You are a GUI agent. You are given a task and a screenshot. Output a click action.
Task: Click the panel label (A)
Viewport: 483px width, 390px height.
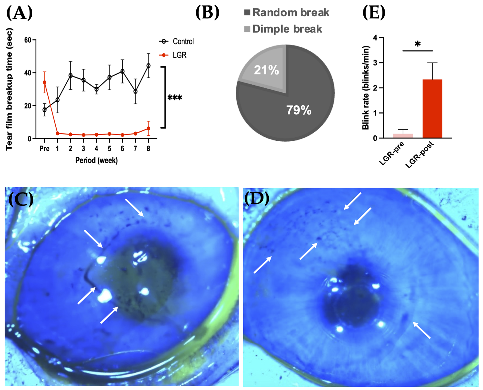tap(19, 13)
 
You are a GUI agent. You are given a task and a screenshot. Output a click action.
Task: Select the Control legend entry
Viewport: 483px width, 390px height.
tap(183, 41)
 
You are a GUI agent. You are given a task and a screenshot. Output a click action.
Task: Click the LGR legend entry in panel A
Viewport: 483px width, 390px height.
tap(180, 55)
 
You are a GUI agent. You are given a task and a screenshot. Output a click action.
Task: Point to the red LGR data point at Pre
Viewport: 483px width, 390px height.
tap(45, 82)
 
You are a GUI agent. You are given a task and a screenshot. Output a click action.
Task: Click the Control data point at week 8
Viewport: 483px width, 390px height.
tap(148, 65)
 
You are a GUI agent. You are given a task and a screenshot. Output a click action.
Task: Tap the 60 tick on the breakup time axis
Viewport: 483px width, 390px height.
tap(28, 40)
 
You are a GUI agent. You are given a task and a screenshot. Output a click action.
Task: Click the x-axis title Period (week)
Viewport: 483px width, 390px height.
tap(97, 160)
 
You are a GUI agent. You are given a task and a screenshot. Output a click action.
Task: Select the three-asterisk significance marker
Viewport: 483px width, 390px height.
tap(175, 98)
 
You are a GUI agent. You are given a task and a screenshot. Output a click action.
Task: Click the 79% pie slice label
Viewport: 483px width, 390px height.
tap(299, 110)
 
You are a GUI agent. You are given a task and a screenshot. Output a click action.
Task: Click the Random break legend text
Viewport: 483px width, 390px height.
tap(291, 13)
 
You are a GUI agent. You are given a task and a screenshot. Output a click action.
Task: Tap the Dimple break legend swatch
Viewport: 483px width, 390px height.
tap(247, 29)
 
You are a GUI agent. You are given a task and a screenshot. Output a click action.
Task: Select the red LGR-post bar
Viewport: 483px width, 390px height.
tap(432, 109)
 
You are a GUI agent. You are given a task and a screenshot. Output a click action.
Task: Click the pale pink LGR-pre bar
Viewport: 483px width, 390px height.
tap(403, 136)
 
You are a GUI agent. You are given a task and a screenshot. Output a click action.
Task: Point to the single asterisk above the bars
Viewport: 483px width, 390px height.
tap(418, 44)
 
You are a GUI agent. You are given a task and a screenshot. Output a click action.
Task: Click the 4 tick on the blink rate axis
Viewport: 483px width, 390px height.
tap(374, 38)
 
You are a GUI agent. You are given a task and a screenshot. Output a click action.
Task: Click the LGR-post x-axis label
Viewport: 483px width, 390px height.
tap(420, 155)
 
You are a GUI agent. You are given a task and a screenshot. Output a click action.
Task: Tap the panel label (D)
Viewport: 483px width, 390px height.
tap(257, 199)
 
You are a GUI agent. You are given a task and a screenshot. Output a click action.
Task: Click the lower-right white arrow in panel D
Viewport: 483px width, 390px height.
tap(422, 330)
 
